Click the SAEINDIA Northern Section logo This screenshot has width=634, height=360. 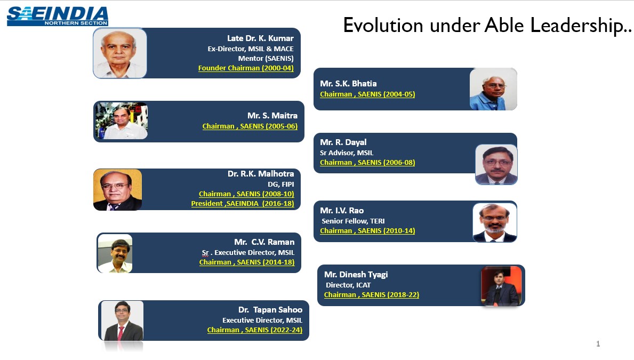point(58,15)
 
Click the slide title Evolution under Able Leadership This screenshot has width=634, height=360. point(487,25)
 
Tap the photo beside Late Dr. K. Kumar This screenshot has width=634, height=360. point(120,53)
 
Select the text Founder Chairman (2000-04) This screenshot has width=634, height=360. point(246,68)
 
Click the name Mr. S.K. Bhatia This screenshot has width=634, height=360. point(348,84)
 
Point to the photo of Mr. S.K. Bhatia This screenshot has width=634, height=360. point(493,89)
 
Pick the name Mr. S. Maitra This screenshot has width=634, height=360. point(272,116)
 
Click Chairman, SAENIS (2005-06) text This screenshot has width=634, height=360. point(250,126)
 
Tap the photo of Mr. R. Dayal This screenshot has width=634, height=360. point(496,164)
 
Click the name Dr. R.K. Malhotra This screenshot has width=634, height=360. point(261,174)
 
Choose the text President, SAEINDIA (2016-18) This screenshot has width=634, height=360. point(243,204)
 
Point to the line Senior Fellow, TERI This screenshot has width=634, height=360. point(353,221)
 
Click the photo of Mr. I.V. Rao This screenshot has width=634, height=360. point(495,222)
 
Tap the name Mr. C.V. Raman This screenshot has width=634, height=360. point(264,242)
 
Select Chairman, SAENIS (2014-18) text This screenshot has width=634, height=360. point(247,262)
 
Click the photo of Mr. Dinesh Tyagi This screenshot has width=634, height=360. point(501,286)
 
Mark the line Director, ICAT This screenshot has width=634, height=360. point(348,285)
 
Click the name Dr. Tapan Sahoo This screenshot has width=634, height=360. point(270,310)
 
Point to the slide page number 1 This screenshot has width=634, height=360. point(598,344)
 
